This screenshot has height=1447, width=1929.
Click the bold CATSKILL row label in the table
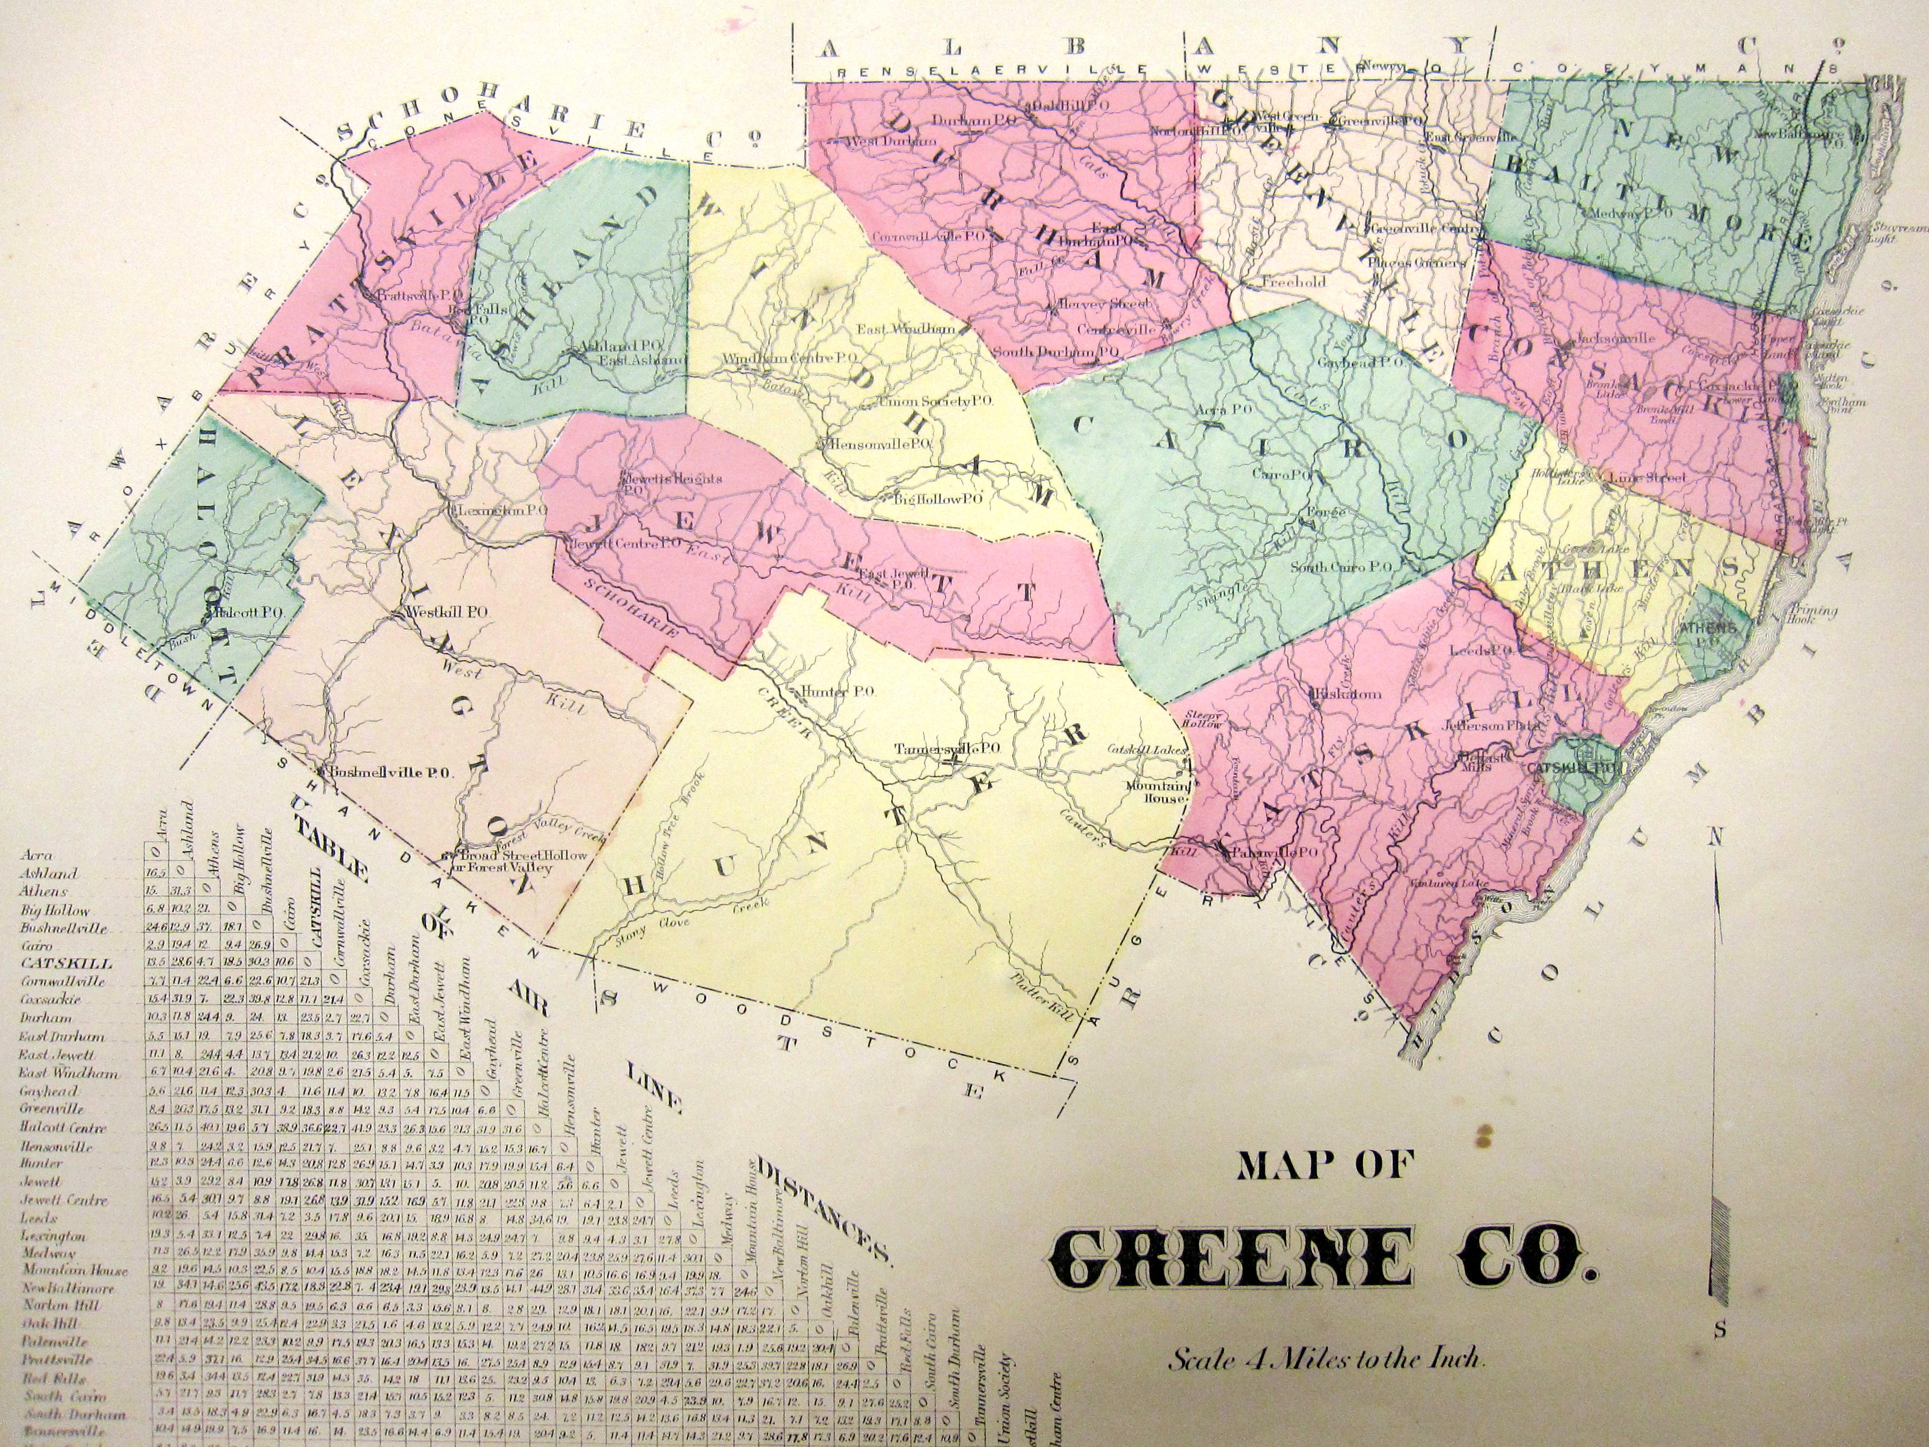[66, 964]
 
